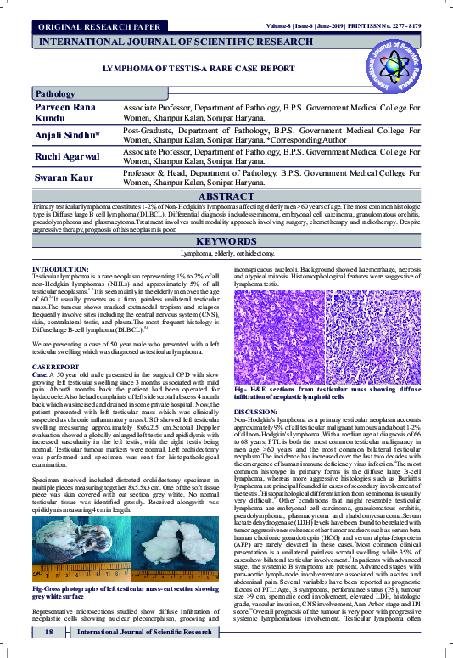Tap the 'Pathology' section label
tap(56, 94)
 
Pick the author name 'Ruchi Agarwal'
tap(66, 156)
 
